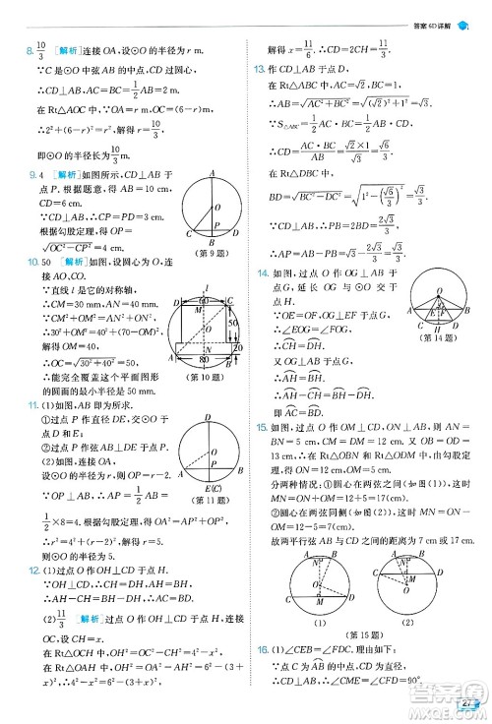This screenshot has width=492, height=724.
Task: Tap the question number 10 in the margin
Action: tap(15, 263)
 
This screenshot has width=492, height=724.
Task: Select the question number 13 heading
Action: tap(259, 69)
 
